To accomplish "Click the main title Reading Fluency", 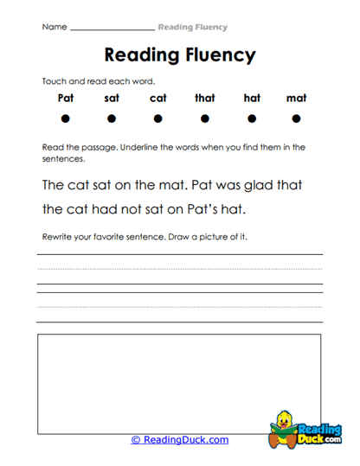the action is point(179,55).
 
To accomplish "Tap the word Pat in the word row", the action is point(66,98).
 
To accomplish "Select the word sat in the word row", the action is point(112,98).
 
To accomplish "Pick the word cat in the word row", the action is point(158,98).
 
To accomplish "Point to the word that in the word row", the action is point(205,98).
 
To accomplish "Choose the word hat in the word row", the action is point(252,98).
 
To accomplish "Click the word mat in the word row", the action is point(297,98).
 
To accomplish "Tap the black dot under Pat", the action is point(66,118).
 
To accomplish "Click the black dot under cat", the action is point(158,118).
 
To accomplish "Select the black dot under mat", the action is point(297,118).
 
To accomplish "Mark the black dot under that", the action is point(205,118).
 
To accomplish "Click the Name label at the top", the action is point(54,27).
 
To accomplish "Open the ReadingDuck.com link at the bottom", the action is point(180,439).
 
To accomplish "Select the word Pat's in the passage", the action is point(215,208).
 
